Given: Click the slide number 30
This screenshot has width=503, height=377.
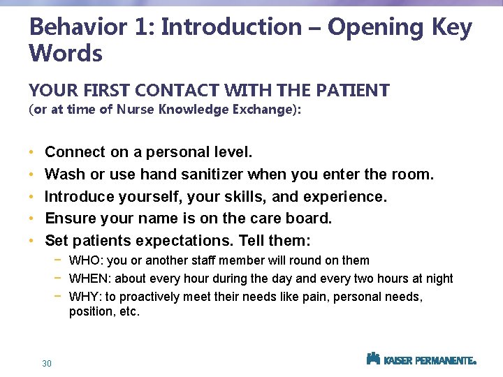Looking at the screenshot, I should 47,363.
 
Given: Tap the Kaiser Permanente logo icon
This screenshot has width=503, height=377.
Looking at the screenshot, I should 373,359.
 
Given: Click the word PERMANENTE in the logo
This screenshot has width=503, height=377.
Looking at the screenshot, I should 444,360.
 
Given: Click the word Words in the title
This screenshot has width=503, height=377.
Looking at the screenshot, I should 66,53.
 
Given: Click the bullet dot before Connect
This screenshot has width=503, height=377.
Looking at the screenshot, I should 32,152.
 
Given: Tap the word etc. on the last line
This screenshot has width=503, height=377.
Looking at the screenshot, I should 129,311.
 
